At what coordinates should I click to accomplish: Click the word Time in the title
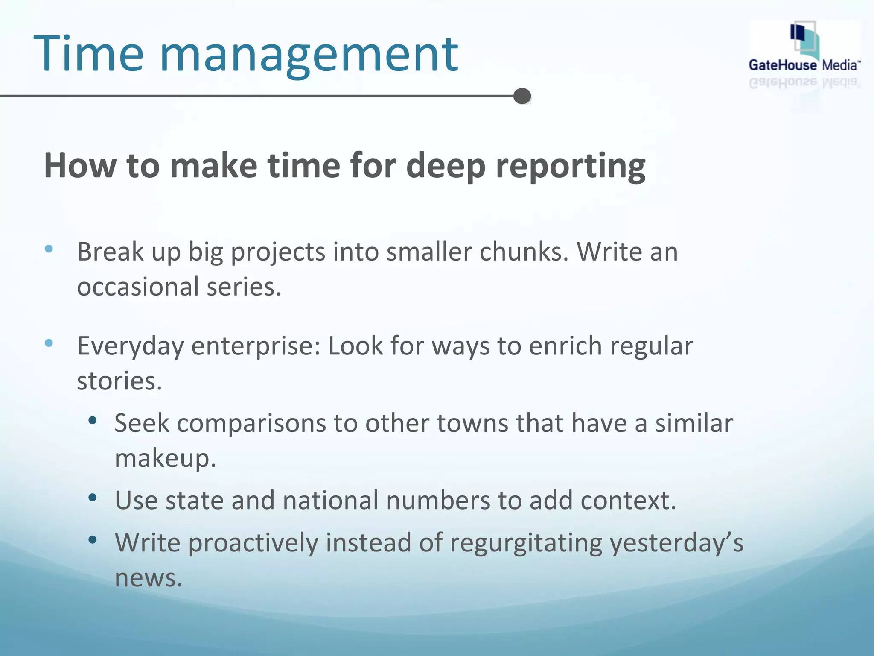[89, 55]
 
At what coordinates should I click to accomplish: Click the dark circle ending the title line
[522, 96]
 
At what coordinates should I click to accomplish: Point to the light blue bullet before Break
[49, 249]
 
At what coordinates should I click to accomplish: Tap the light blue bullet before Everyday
[49, 343]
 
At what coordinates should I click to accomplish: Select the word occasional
[138, 287]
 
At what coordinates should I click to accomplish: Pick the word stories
[119, 381]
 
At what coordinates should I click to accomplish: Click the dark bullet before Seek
[93, 421]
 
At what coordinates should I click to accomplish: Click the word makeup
[165, 459]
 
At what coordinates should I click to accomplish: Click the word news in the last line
[148, 578]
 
